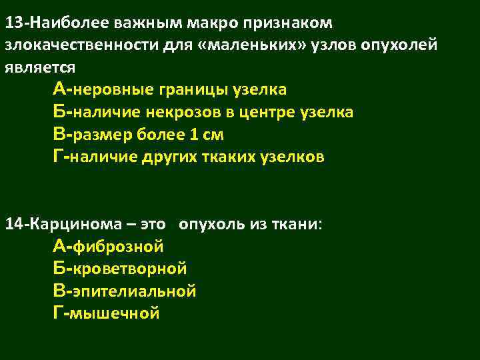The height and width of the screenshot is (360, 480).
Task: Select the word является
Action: pos(40,67)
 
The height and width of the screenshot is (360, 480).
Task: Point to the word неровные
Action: pos(107,89)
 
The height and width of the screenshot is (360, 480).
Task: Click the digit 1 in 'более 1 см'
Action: pos(193,135)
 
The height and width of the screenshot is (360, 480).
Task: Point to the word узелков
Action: pos(295,157)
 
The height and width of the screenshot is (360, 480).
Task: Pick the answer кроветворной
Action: pos(129,269)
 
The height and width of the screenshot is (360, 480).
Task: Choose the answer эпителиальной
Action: pos(134,291)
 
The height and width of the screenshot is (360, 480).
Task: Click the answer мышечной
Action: pos(116,313)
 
